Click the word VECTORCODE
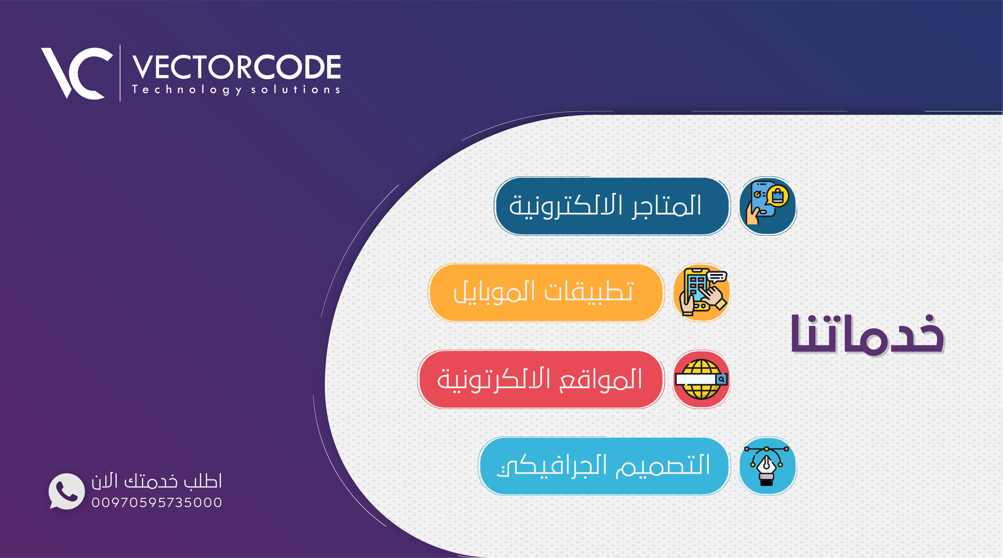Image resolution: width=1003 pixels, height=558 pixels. coord(236,67)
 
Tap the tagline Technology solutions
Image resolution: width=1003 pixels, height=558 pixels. coord(236,90)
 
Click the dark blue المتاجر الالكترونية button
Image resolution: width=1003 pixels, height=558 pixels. coord(612,206)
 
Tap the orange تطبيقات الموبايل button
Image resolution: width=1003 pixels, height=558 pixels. coord(546,292)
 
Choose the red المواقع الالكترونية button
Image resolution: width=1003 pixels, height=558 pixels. coord(540,379)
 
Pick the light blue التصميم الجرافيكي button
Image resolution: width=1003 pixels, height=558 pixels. coord(604,466)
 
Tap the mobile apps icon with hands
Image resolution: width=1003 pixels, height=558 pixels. coord(702,292)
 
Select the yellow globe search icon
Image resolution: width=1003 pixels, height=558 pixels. coord(702,379)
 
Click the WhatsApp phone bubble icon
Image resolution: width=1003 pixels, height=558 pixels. coord(66,491)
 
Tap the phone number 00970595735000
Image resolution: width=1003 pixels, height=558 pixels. coord(156,502)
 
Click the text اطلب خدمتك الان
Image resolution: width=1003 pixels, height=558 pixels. coord(156,481)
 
